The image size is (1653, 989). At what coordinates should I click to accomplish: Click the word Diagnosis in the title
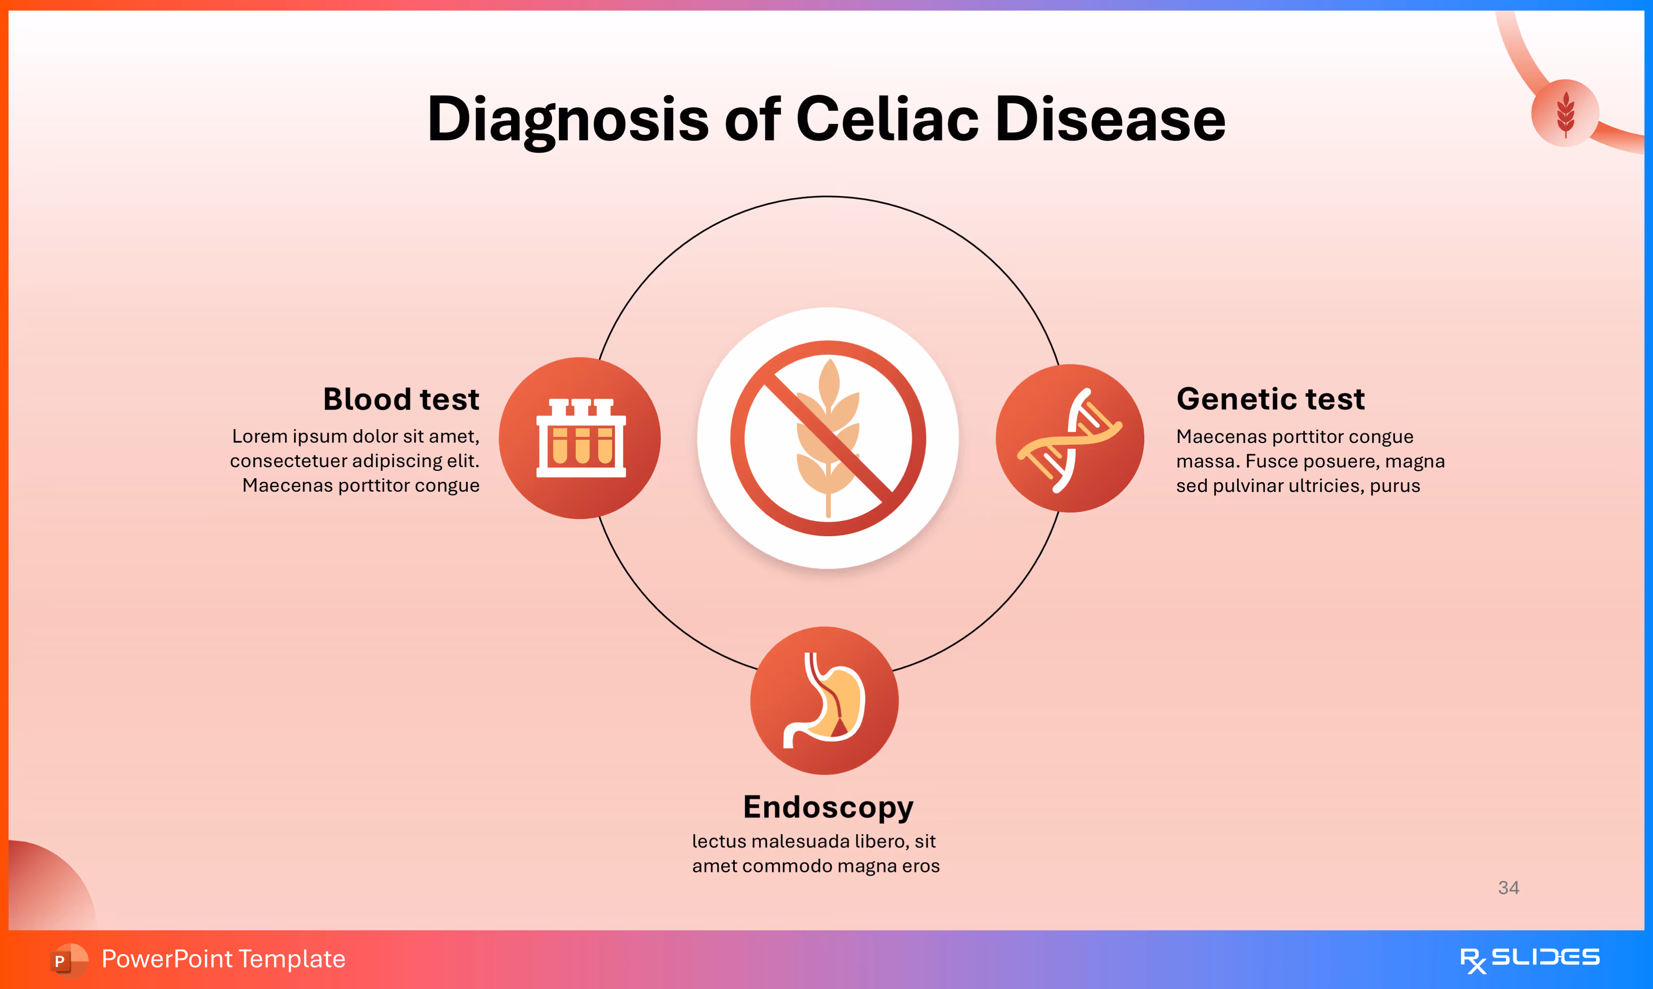coord(568,120)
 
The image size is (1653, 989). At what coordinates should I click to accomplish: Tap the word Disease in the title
coord(1110,120)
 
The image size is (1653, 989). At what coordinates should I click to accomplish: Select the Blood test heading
coord(401,399)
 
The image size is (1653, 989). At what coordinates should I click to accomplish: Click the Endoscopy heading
coord(828,807)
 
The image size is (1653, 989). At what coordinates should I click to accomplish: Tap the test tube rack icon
coord(581,438)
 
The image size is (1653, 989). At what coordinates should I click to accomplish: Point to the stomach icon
coord(825,700)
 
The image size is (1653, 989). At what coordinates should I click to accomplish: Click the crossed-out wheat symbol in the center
coord(828,438)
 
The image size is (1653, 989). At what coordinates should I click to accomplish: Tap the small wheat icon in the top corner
coord(1565,113)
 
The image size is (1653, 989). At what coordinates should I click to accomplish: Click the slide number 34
coord(1508,888)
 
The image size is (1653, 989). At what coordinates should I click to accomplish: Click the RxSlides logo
coord(1529,960)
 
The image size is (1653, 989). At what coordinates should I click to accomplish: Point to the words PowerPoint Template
coord(223,959)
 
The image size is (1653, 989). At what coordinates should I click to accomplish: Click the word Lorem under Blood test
coord(259,437)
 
